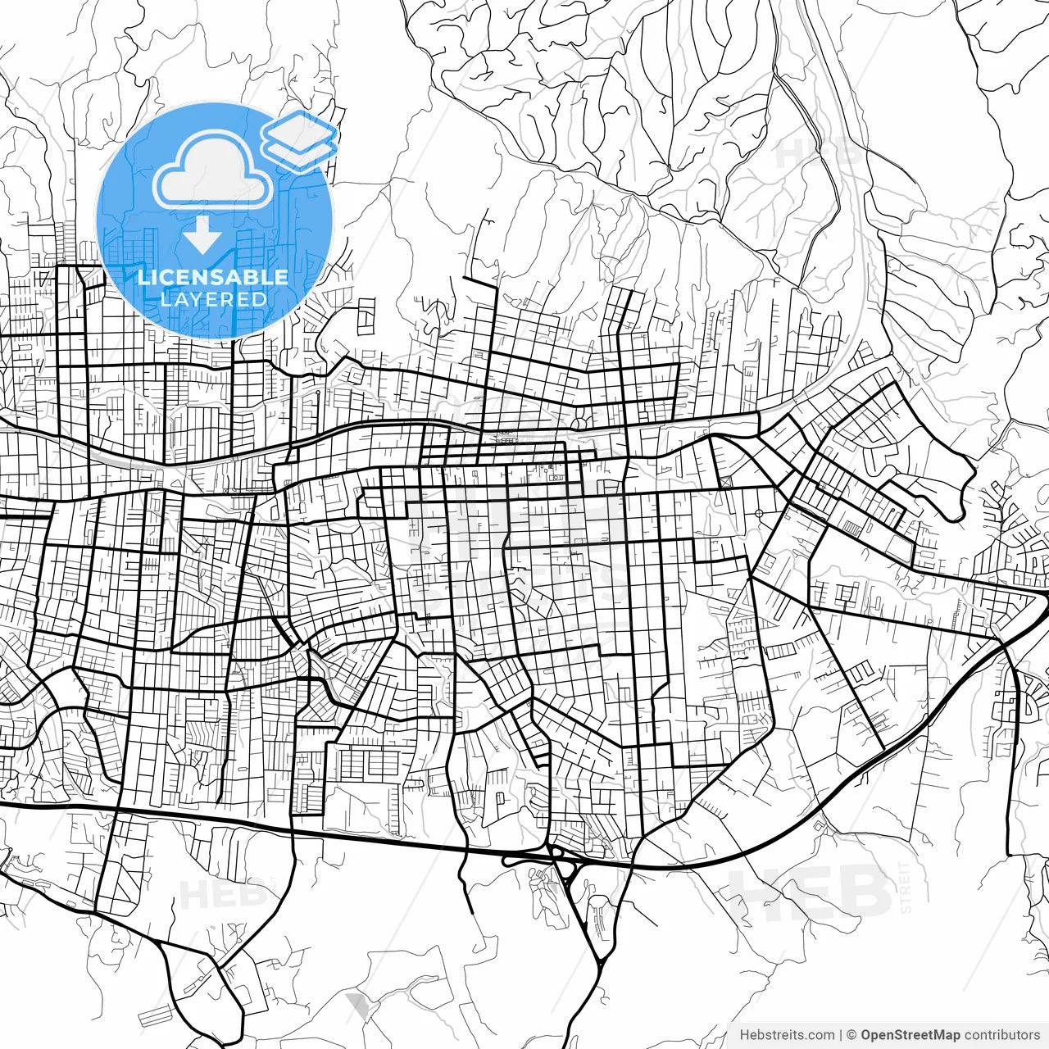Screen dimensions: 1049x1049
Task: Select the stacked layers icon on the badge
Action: coord(300,141)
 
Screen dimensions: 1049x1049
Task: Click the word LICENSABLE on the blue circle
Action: coord(213,277)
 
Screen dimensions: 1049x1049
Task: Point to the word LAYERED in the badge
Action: coord(213,299)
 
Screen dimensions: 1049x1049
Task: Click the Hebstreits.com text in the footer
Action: coord(787,1035)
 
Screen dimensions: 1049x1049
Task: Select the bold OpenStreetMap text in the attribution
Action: coord(910,1035)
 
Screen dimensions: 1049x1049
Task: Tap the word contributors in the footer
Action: coord(1001,1035)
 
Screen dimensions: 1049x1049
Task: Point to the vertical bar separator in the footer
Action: coord(841,1035)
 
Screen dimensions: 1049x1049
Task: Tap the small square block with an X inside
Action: coord(725,482)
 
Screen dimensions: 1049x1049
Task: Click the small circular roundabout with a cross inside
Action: coord(759,513)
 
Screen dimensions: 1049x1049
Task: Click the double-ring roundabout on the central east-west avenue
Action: coord(580,423)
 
